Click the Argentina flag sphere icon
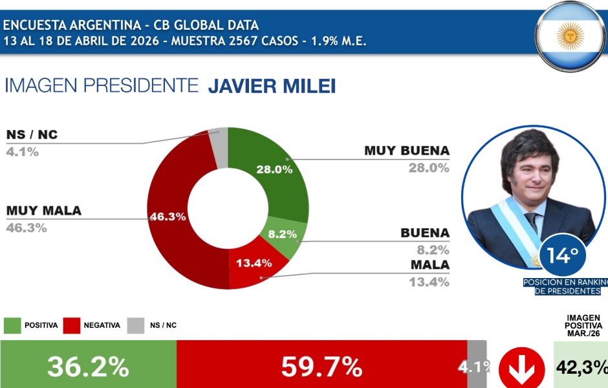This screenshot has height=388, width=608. (x=570, y=36)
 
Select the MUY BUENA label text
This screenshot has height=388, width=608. (x=407, y=151)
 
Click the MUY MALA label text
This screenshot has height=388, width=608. (x=44, y=211)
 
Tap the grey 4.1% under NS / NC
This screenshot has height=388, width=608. (x=23, y=152)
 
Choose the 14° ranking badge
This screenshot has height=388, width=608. (x=562, y=255)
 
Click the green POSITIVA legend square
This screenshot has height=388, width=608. (x=12, y=325)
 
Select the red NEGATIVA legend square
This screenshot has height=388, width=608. (x=72, y=325)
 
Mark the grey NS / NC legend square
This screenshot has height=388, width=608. (x=136, y=325)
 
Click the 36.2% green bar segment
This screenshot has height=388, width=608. (x=88, y=367)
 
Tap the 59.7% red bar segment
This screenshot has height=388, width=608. (x=321, y=367)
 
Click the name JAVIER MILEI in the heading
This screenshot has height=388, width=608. (x=272, y=86)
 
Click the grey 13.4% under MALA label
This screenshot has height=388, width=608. (x=429, y=281)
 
